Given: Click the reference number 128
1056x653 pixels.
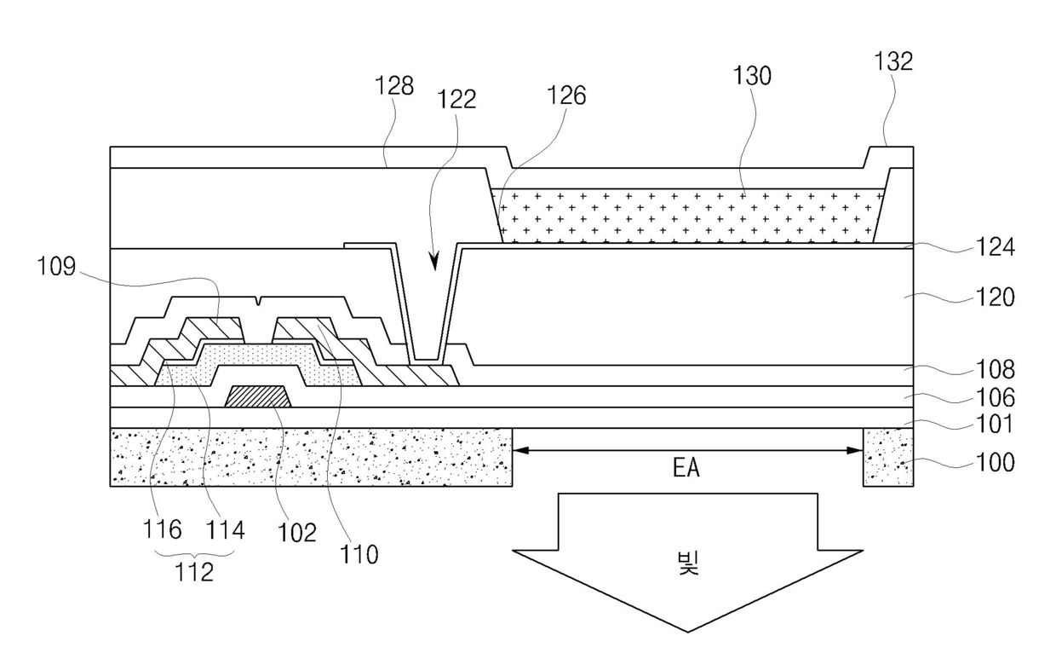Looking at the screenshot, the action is [394, 86].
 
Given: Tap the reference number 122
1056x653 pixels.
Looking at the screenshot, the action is [456, 99].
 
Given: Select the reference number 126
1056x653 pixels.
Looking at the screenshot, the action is [566, 95].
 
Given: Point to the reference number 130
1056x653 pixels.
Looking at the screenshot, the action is [752, 76].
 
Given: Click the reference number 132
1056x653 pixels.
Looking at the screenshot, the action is [893, 61].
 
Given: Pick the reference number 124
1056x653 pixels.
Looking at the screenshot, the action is [995, 246].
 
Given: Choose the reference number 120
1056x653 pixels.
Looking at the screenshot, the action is [995, 298].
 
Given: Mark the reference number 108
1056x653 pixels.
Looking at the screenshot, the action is [995, 369].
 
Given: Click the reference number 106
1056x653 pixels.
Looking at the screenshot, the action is [995, 398].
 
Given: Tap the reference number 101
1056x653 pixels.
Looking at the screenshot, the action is [994, 424].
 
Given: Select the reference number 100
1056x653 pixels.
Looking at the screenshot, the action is [995, 462].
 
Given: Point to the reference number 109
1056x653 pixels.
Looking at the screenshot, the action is [56, 266].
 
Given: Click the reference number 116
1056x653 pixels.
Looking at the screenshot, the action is [162, 529].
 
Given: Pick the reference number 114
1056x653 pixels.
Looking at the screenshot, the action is [225, 530].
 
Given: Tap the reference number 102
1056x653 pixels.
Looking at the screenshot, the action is [296, 533].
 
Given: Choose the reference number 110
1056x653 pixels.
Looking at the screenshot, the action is [359, 554].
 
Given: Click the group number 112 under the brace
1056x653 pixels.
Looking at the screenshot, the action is [194, 572].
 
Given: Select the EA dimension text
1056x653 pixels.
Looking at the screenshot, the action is [686, 468].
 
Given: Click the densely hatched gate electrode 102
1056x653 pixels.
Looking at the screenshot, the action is [258, 396].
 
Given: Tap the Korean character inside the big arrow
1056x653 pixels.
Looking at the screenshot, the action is [688, 563].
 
